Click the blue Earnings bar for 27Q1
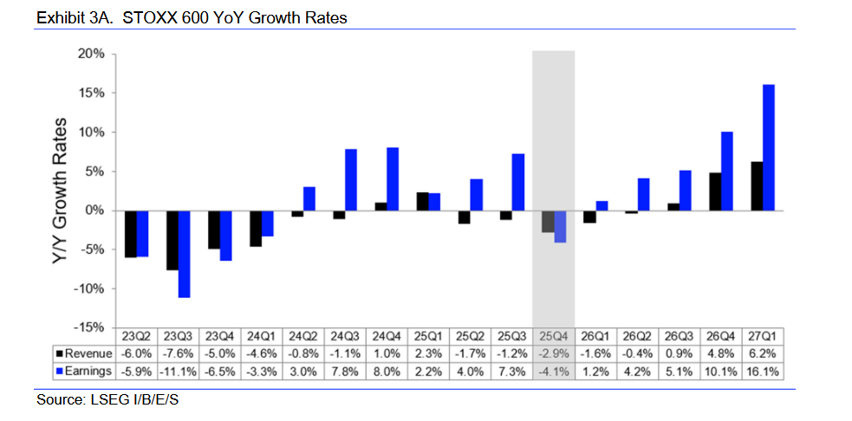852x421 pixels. point(768,147)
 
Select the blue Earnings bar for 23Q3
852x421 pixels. point(184,254)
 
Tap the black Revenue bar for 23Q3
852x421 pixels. point(172,240)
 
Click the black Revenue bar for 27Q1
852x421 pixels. point(757,186)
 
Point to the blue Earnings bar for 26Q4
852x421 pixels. point(727,171)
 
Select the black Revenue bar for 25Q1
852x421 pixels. point(422,201)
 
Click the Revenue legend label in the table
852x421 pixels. point(85,353)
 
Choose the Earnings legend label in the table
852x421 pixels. point(85,371)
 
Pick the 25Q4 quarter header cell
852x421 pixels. point(553,336)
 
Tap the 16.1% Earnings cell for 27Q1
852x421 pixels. point(763,371)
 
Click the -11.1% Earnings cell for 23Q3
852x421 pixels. point(178,371)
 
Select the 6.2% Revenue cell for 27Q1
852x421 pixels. point(763,353)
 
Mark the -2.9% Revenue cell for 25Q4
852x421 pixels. point(553,353)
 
